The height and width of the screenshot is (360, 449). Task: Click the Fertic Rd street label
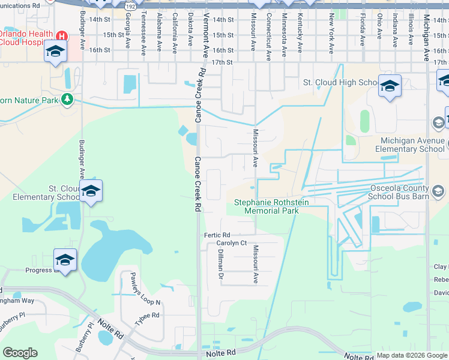point(217,235)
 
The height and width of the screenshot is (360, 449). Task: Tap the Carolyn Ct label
point(232,243)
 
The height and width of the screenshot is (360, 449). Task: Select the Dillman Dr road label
point(220,265)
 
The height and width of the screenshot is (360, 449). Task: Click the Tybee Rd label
point(146,319)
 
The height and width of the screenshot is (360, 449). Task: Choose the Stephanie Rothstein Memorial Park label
point(266,207)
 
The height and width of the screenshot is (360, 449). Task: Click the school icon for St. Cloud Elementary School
point(91,191)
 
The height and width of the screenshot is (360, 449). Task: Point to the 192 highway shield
point(130,6)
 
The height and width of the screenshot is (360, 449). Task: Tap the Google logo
point(20,353)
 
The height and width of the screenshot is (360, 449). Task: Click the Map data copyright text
point(411,356)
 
